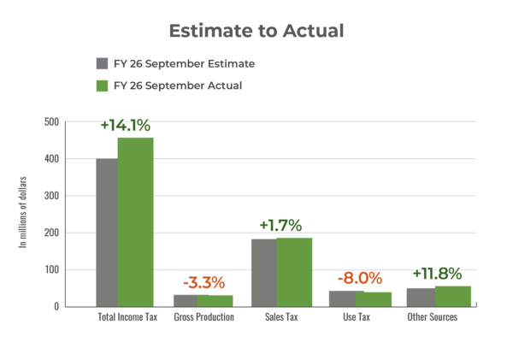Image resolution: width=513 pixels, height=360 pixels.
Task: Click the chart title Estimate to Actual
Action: pos(256,31)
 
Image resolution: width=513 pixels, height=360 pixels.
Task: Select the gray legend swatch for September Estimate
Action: pos(102,63)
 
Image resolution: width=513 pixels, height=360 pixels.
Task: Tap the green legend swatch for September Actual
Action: pos(102,86)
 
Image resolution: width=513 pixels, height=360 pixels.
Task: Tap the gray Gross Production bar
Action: pos(184,299)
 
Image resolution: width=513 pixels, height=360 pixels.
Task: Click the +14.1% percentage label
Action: pos(126,125)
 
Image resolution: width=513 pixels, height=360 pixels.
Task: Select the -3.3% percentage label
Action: pos(203,281)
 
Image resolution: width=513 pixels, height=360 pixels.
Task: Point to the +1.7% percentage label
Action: pos(280,226)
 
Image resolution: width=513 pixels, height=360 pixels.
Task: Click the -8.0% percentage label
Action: pos(359,278)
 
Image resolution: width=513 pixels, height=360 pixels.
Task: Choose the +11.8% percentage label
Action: pos(437,274)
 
